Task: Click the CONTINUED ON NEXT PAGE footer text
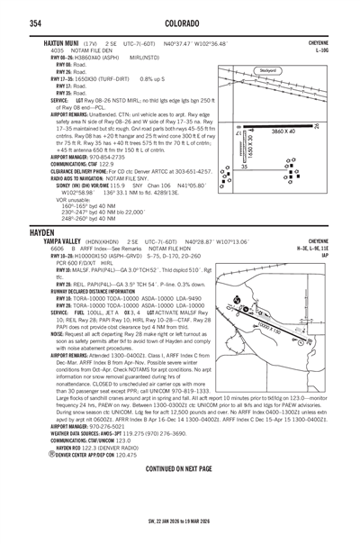178,494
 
